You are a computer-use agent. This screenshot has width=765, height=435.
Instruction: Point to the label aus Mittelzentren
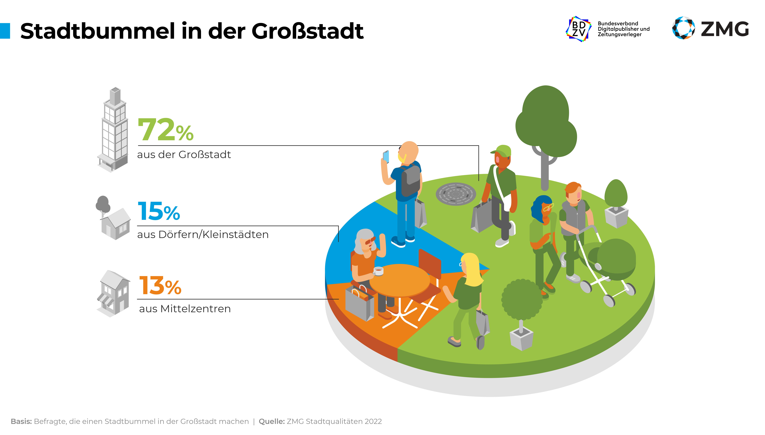(185, 309)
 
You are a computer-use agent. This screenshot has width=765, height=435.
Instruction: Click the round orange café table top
(400, 279)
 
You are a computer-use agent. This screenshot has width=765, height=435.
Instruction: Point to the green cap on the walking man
(502, 150)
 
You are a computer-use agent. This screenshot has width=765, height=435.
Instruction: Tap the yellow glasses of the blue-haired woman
(548, 207)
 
